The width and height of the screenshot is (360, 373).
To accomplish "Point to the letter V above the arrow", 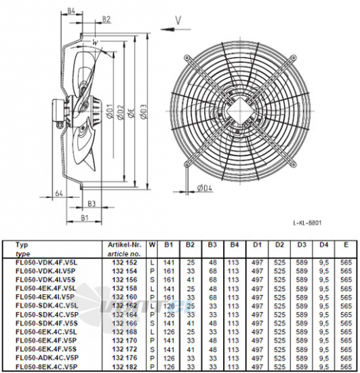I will pos(178,20).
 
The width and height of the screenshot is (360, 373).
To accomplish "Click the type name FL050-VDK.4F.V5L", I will pos(42,261).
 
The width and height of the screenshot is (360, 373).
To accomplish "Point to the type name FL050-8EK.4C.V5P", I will pos(43,367).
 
